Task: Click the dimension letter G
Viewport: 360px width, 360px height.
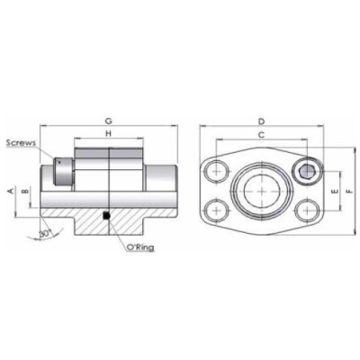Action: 108,120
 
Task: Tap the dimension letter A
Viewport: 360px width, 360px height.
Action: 10,192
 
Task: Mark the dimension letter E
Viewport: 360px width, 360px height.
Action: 335,192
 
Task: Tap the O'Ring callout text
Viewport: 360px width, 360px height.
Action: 137,246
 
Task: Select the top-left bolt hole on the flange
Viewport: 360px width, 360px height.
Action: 215,170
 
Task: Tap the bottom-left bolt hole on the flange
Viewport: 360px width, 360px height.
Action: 215,211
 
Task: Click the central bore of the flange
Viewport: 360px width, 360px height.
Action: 261,191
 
